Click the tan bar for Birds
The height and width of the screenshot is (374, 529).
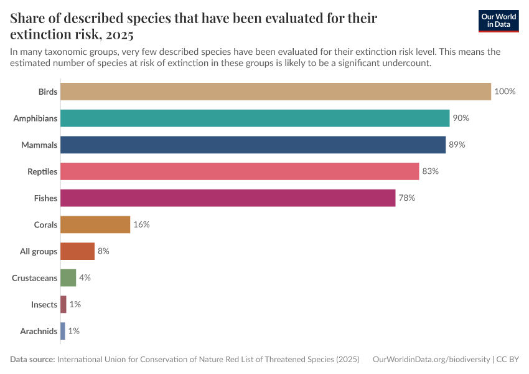point(276,92)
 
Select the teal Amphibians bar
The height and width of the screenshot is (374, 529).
point(255,118)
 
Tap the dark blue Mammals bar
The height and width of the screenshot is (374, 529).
point(253,145)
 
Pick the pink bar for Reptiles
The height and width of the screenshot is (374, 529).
point(240,171)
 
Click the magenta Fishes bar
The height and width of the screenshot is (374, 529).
point(228,198)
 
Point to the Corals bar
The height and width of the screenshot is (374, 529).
point(95,224)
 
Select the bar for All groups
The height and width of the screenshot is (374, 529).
point(77,251)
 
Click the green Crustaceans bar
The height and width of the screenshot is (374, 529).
point(68,278)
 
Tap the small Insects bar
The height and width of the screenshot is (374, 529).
point(63,304)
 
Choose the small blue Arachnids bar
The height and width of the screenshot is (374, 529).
point(63,331)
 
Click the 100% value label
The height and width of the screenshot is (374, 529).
point(505,92)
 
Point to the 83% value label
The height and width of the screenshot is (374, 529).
point(431,171)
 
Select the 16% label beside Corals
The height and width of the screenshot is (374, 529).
point(141,224)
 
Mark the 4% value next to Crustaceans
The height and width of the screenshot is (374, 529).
point(85,278)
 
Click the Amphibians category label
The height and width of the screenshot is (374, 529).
point(35,118)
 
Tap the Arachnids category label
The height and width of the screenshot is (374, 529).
point(39,331)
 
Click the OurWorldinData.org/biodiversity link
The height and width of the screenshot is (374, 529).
point(431,360)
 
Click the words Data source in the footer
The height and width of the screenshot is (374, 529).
point(32,360)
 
